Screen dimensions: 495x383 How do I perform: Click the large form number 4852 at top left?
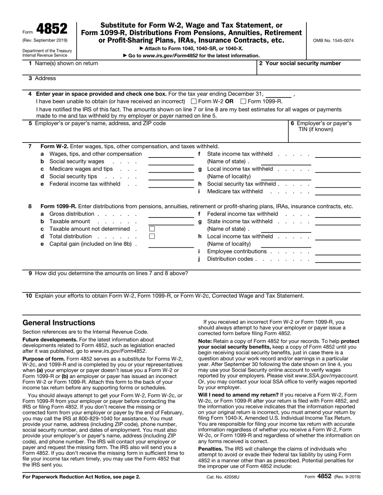(52, 29)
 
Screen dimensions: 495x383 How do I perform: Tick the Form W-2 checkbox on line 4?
(194, 101)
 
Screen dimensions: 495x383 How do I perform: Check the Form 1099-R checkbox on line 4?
(243, 101)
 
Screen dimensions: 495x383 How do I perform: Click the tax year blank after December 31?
(279, 94)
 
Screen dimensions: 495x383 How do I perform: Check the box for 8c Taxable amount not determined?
(152, 229)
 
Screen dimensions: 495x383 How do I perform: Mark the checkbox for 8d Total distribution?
(152, 236)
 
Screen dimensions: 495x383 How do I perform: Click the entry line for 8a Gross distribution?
(171, 215)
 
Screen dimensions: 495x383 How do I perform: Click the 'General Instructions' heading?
(59, 323)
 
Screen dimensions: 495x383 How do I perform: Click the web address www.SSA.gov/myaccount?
(327, 375)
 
